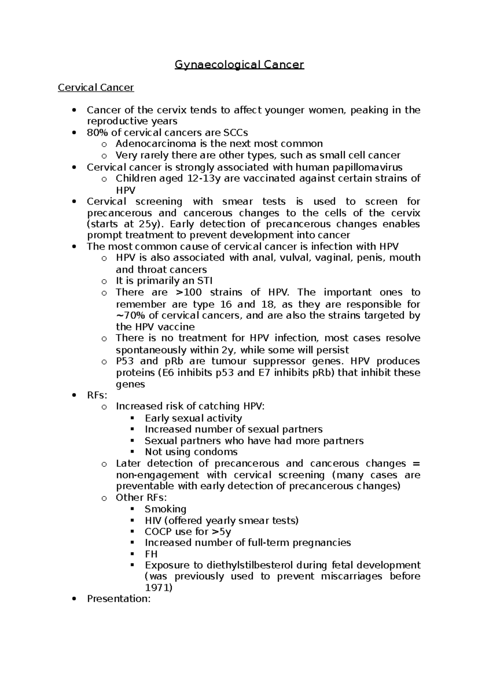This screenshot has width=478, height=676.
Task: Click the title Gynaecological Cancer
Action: (x=239, y=64)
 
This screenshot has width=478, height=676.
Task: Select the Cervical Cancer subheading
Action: (x=96, y=87)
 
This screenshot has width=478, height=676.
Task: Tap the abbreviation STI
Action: (x=204, y=281)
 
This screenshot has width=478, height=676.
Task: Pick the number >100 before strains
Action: (x=188, y=292)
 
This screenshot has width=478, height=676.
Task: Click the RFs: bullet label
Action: (x=97, y=395)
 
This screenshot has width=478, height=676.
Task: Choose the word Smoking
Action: (x=165, y=509)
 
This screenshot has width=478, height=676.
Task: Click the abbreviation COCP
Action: (x=159, y=532)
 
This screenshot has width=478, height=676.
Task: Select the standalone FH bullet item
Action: (x=151, y=554)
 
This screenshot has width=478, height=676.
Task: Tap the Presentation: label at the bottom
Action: (x=119, y=599)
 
